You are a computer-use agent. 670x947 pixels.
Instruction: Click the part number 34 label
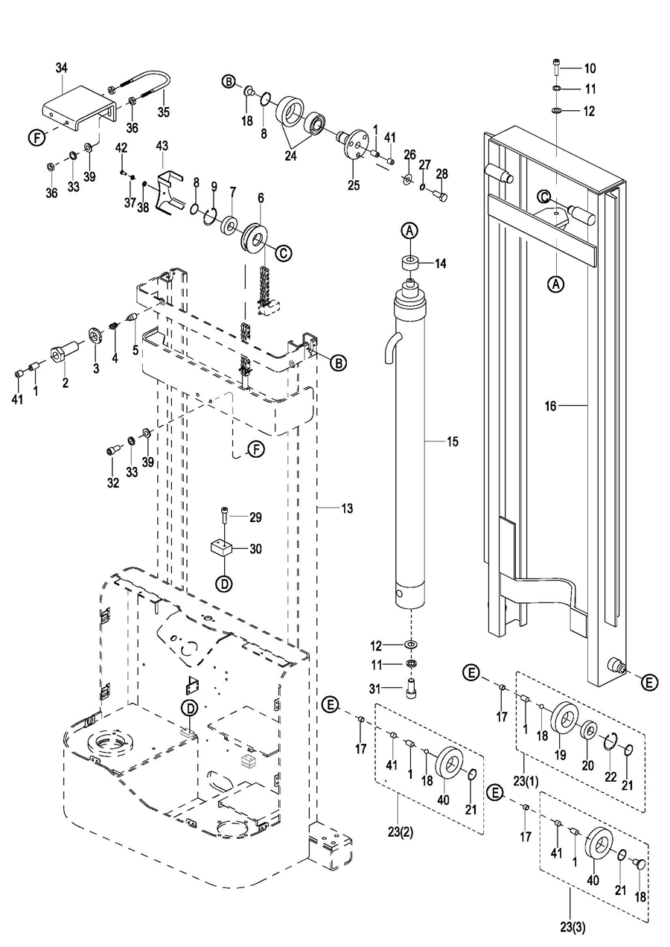tap(61, 68)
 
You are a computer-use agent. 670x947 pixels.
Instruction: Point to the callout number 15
tap(453, 442)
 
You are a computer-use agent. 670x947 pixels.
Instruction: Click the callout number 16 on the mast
tap(550, 406)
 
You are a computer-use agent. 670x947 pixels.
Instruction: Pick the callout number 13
tap(347, 508)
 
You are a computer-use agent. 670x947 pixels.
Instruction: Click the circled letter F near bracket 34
tap(35, 136)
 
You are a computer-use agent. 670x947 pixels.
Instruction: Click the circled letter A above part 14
tap(409, 232)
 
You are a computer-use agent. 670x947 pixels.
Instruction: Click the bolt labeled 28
tap(439, 197)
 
